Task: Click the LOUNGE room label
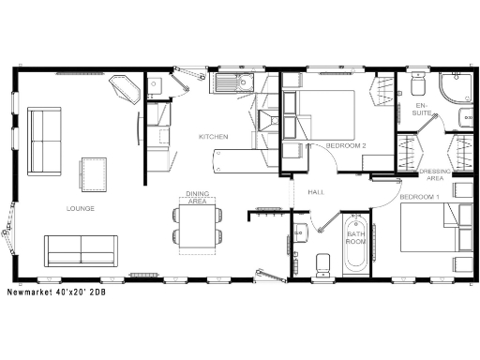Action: pos(79,207)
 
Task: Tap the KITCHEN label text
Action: pos(213,137)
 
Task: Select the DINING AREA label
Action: pos(197,197)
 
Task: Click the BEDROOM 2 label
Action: pos(345,145)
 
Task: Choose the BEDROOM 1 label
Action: pos(419,197)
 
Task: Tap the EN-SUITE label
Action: pos(423,110)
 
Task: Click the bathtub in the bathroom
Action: pos(355,247)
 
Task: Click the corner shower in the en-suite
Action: pos(457,89)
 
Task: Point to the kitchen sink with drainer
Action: pos(232,84)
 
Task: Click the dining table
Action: pos(197,227)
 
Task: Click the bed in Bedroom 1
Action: pos(434,230)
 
